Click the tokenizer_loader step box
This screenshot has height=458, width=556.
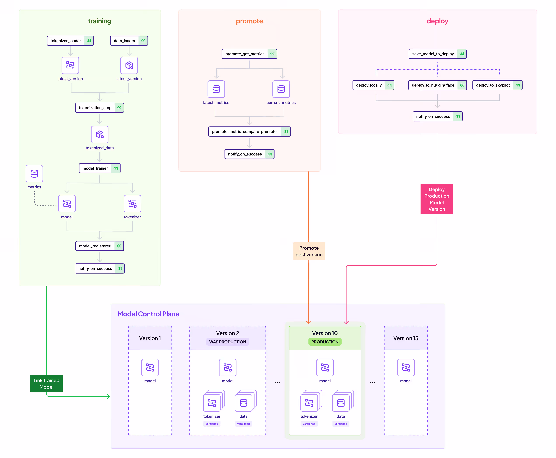(70, 41)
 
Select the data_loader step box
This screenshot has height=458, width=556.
(129, 41)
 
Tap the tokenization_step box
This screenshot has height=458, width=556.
(99, 108)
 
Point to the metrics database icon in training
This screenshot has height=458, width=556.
(34, 174)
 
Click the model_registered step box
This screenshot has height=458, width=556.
(99, 246)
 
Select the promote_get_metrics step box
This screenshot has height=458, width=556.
(249, 54)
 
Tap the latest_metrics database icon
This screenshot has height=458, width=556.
(216, 89)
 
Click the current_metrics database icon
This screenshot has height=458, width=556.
(281, 89)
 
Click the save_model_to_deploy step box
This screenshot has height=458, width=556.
(437, 54)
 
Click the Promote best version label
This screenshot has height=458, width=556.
(309, 251)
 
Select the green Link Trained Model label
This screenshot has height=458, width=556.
(46, 383)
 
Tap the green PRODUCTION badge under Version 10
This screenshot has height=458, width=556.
(325, 342)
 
